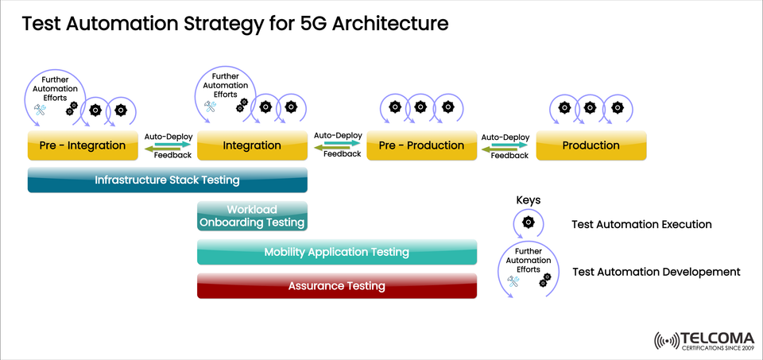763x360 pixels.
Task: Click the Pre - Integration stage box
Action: point(83,145)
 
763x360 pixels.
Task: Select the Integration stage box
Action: point(252,145)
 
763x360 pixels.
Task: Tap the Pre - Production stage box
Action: point(421,145)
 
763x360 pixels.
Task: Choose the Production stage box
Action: point(591,145)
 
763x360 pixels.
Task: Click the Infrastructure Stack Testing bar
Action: point(167,180)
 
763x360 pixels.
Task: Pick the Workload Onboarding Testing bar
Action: point(252,216)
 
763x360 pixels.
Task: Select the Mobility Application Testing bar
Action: point(336,252)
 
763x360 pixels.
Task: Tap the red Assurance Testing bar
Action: point(336,285)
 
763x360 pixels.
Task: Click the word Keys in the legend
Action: point(529,200)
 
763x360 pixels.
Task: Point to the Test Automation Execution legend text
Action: point(641,224)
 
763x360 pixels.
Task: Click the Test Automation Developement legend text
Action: point(656,272)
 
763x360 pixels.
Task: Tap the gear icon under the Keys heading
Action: point(529,223)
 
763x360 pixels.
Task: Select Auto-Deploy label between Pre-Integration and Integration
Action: point(168,136)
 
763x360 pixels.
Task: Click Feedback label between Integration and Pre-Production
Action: point(342,154)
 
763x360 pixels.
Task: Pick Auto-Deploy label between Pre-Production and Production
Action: point(505,137)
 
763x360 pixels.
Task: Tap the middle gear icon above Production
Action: point(589,106)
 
